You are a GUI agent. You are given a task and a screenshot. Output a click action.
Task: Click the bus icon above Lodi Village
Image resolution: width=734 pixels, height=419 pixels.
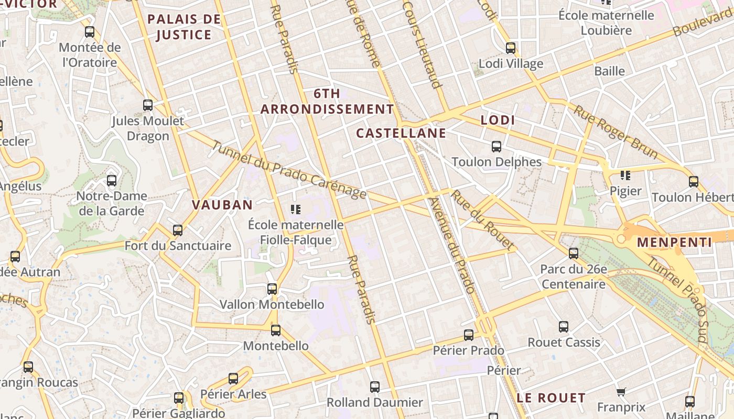coord(511,49)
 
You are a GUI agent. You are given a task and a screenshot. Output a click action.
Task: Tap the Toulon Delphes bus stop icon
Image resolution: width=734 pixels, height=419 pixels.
coord(496,147)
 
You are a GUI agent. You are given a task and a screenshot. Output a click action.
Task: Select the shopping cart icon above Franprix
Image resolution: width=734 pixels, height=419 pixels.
coord(621,392)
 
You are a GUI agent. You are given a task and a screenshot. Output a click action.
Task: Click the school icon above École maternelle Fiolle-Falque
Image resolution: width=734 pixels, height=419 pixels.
coord(296,210)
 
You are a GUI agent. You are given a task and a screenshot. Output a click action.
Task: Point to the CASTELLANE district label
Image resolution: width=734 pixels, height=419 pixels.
coord(401,133)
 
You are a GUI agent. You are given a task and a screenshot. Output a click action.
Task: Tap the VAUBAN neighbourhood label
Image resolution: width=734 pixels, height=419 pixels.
coord(222,205)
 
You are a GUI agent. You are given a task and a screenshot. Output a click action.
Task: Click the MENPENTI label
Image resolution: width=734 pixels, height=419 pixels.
coord(675,242)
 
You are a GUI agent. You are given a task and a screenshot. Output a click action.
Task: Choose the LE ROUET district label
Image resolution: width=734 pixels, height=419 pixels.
coord(550,398)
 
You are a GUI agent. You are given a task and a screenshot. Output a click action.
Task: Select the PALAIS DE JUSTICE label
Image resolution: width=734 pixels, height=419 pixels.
coord(183,27)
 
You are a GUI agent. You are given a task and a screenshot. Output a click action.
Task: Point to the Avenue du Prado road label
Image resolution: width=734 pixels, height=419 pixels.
coord(451,245)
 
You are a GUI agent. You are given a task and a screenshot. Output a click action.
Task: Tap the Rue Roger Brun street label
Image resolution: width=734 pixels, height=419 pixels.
coord(616,131)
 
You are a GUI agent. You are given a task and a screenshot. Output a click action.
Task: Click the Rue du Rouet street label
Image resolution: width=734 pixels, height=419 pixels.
coord(482,219)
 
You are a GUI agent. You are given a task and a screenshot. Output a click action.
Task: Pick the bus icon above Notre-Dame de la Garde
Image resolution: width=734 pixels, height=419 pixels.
coord(112,181)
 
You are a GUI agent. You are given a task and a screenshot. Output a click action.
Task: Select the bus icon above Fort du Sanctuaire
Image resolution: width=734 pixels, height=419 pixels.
coord(178,230)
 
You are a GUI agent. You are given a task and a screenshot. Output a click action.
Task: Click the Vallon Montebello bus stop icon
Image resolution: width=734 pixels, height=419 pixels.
coord(272,289)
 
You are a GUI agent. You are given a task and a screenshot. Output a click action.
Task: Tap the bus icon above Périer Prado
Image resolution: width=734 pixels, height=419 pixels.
coord(469,335)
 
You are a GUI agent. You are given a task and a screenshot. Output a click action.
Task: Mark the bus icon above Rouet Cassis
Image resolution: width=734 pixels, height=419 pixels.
coord(564,327)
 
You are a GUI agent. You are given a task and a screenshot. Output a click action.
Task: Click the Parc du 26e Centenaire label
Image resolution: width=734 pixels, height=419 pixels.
coord(574,277)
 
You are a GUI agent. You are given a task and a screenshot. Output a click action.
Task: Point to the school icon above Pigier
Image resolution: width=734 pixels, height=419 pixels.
coord(625,175)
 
